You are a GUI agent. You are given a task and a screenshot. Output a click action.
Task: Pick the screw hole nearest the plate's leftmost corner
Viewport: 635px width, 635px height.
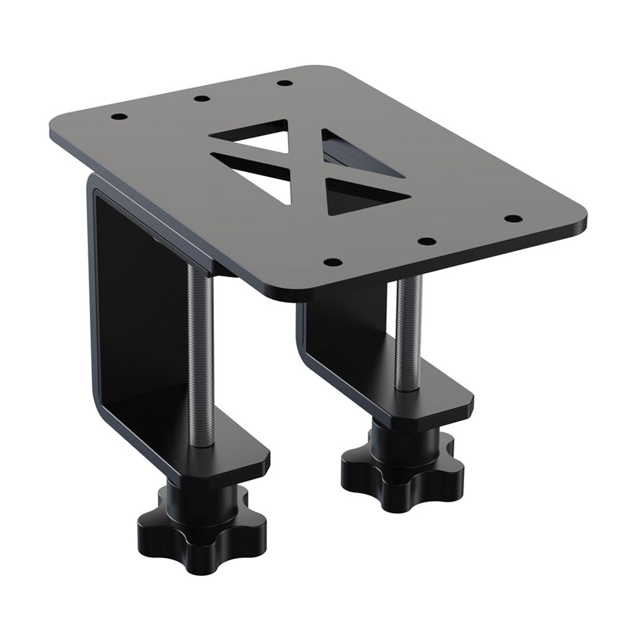click(118, 117)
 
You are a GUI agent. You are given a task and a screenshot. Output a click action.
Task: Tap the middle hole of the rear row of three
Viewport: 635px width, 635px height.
click(201, 98)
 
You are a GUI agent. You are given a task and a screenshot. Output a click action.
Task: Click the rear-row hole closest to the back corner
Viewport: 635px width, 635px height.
click(285, 83)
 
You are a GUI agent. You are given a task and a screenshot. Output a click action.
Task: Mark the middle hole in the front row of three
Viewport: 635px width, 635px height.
click(427, 241)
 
